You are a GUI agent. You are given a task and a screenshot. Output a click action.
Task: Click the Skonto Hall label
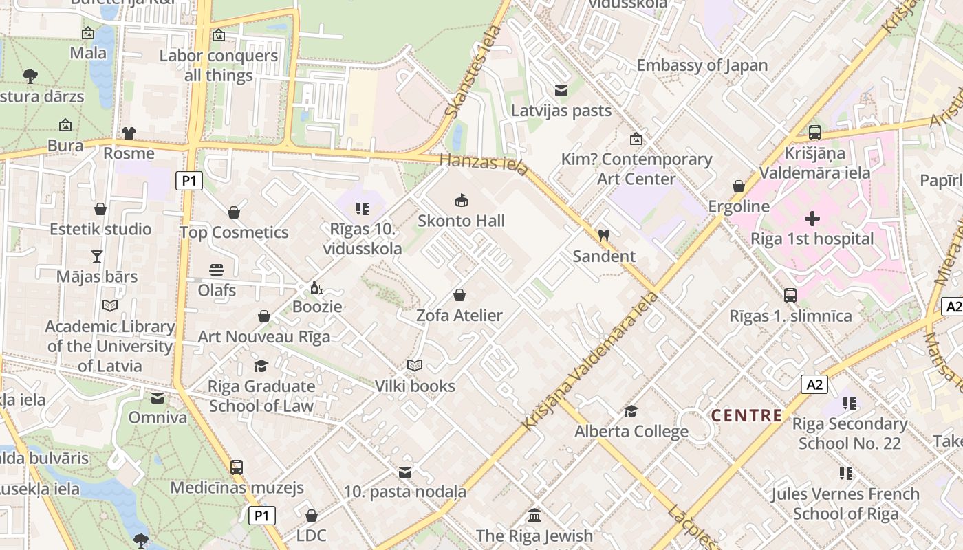pos(461,221)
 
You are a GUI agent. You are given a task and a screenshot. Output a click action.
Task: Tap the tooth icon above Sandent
pos(604,235)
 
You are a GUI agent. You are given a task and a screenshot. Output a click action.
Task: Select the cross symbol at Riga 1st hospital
pos(812,219)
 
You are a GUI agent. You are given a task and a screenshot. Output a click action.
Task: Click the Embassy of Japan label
pos(702,65)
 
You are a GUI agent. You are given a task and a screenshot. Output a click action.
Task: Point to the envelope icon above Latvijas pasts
pos(561,91)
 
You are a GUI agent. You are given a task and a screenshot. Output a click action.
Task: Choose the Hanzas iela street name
pos(484,165)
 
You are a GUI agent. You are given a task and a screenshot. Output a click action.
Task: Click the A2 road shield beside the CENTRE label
pos(814,384)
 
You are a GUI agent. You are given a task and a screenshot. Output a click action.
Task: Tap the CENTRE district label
pos(746,415)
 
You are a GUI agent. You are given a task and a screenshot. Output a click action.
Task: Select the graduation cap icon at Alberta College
pos(631,411)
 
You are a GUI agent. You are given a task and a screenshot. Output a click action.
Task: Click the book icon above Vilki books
pos(414,365)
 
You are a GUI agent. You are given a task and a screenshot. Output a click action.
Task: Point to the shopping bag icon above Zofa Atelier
pos(459,295)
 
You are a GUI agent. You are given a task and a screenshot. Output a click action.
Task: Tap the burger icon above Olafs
pos(217,269)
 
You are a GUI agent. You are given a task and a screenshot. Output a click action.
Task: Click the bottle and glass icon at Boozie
pos(316,287)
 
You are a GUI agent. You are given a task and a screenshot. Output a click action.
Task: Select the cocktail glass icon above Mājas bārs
pos(97,256)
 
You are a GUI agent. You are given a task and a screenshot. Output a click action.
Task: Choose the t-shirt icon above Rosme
pos(129,133)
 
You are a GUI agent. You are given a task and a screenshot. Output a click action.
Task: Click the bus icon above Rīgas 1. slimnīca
pos(790,296)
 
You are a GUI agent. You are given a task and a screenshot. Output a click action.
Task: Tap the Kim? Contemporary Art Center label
pos(636,169)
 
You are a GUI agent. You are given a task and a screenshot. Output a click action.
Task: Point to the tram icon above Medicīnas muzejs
pos(237,467)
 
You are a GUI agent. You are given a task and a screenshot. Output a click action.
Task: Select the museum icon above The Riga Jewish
pos(534,515)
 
